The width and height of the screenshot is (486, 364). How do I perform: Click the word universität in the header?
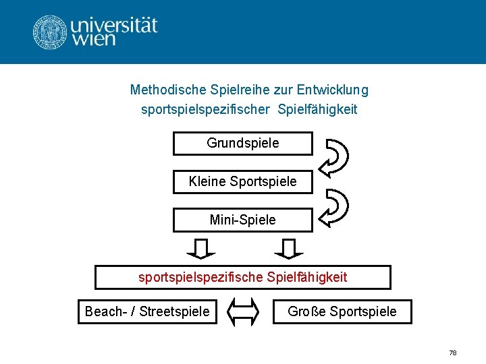114,26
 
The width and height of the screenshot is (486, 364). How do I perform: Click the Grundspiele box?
243,144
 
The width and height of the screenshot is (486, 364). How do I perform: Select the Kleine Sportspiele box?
243,182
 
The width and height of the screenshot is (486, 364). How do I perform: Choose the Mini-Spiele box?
243,220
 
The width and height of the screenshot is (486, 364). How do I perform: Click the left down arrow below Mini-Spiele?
200,249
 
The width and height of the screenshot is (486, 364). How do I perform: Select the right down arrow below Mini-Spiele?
289,249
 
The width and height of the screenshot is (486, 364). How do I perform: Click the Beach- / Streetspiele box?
147,311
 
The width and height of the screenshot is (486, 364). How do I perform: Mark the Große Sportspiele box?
342,311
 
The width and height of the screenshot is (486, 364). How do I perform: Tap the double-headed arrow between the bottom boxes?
245,311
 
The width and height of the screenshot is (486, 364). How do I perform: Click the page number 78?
453,353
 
